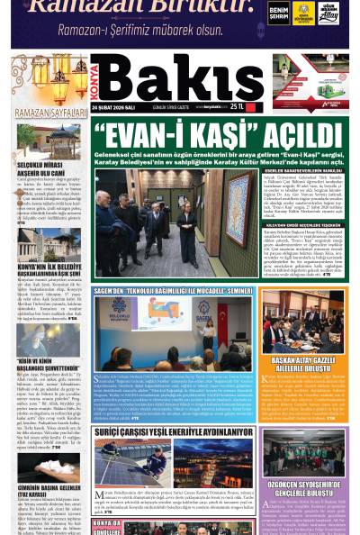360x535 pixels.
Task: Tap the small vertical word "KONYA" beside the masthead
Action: (x=96, y=80)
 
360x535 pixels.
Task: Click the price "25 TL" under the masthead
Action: (x=238, y=106)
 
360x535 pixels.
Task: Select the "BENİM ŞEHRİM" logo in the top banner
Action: (x=279, y=13)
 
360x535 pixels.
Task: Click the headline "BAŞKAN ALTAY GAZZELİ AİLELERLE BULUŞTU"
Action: (x=304, y=363)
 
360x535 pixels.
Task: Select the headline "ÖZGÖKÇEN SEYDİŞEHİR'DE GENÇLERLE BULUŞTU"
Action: (x=304, y=490)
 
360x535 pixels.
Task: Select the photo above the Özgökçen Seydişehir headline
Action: (x=304, y=453)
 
